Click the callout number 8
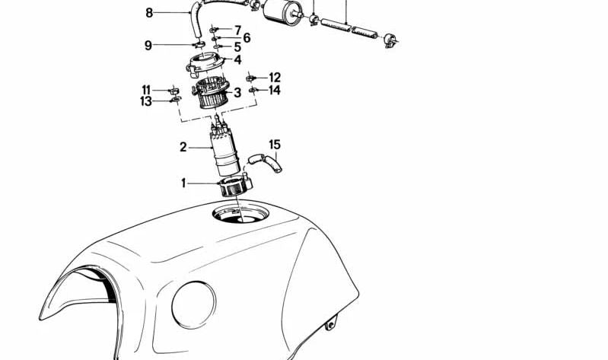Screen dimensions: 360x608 (149, 12)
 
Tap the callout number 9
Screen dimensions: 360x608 (149, 45)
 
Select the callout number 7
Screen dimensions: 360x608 (237, 30)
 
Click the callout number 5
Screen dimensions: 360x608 (237, 47)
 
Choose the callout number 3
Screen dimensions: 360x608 (237, 93)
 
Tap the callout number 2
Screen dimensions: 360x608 (183, 147)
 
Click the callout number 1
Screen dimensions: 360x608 (183, 183)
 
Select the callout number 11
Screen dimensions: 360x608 (146, 90)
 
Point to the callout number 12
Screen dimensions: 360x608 (275, 78)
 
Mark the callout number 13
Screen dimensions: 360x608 (146, 101)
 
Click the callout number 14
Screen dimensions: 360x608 (275, 91)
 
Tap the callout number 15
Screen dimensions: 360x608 (275, 144)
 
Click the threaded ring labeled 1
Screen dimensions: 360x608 (232, 186)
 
